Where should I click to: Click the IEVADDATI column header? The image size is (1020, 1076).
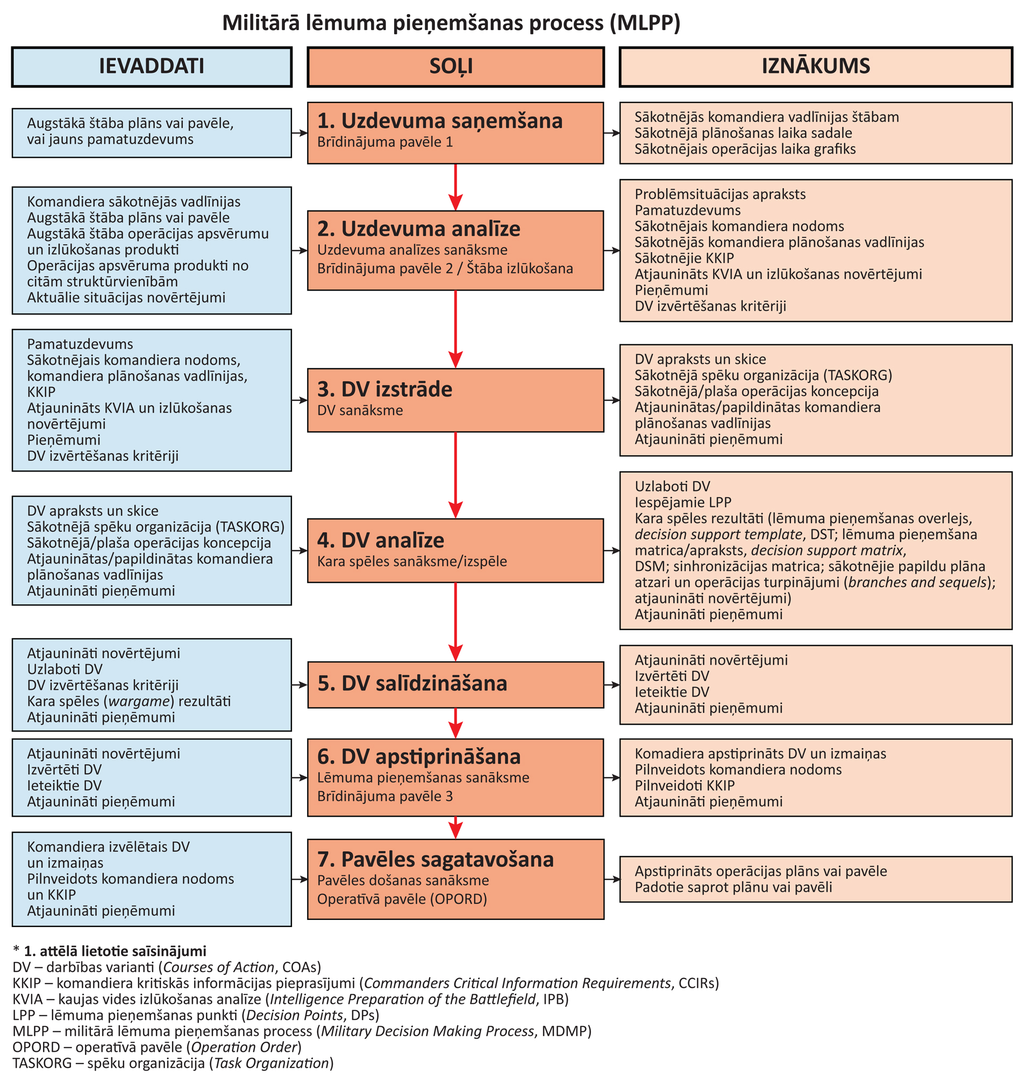[152, 66]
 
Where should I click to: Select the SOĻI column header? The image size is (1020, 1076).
[455, 66]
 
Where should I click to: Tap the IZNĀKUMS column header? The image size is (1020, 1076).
[815, 66]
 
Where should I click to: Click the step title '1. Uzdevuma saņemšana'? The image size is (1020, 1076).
[439, 121]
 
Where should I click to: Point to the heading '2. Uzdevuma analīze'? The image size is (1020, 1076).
[418, 229]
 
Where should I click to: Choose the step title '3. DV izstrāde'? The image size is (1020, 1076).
[384, 390]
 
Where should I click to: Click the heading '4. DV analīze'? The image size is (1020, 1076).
[380, 540]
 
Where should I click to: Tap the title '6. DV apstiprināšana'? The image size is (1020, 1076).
[419, 756]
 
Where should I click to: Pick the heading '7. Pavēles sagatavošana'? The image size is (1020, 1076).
[435, 860]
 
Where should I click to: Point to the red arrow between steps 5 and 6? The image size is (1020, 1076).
[455, 723]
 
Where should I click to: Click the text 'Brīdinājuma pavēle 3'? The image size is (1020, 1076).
[384, 796]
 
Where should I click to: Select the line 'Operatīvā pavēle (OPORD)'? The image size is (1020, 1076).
[402, 899]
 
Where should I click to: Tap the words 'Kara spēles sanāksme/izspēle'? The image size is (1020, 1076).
[411, 561]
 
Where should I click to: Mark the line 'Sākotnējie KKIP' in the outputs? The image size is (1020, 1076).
[684, 258]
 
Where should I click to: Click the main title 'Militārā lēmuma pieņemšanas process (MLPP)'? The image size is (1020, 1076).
[451, 23]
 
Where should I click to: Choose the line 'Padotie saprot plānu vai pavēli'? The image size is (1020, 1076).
[733, 887]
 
